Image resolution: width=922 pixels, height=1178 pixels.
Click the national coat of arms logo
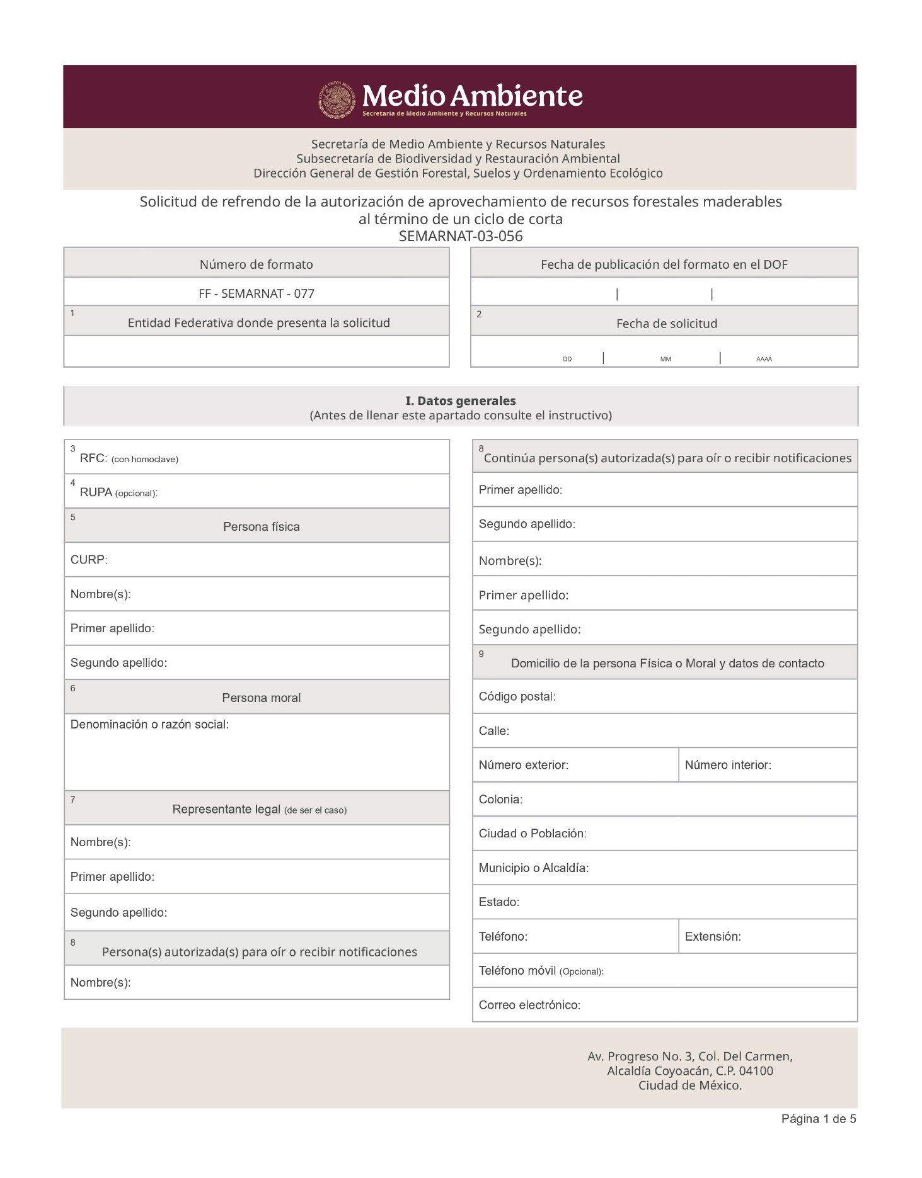click(337, 99)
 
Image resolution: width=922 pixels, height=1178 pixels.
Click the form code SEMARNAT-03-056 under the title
click(461, 236)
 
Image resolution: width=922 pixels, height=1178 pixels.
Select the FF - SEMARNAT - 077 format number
click(256, 293)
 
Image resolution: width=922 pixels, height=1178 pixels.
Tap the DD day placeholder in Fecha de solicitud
click(567, 359)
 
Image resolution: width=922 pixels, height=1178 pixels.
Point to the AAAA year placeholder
click(764, 359)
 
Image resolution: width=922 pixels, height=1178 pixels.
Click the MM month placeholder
click(666, 359)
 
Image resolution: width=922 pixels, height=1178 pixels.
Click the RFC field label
click(93, 458)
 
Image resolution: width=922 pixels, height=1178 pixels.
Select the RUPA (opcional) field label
click(118, 492)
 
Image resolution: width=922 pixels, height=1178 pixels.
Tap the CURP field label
click(89, 560)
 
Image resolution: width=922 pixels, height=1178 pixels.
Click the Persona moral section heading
click(261, 698)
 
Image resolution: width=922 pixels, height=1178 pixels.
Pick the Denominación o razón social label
click(149, 725)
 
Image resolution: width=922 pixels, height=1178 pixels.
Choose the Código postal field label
click(517, 696)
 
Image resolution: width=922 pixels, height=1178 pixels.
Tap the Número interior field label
click(728, 765)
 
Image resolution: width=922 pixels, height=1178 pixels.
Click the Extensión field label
click(713, 936)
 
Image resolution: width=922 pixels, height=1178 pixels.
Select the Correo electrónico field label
click(529, 1005)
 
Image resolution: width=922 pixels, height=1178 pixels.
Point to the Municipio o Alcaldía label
click(533, 868)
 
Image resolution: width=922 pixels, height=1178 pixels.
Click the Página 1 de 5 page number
click(818, 1119)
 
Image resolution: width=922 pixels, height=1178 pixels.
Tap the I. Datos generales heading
click(460, 400)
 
